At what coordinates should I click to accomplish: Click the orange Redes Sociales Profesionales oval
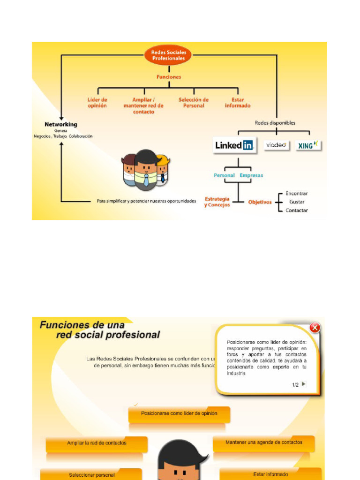169,55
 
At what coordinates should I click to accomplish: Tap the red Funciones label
169,77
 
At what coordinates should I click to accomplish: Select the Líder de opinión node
97,103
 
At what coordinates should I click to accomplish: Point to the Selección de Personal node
194,103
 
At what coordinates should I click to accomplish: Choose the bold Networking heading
61,124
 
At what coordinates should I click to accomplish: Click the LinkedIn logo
234,145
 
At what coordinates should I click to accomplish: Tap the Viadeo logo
277,145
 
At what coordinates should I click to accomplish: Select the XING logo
308,145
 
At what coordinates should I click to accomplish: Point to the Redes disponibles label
275,123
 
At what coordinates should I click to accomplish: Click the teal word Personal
224,175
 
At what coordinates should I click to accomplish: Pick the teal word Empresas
251,175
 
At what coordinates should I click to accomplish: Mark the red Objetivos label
260,202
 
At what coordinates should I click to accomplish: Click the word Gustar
297,202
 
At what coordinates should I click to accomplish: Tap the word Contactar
297,210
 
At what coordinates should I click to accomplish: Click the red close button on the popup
315,328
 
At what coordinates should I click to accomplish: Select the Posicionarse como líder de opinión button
179,414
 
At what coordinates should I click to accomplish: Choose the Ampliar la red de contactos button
97,443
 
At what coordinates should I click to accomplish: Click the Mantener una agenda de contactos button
264,442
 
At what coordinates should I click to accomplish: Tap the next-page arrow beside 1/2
304,384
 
